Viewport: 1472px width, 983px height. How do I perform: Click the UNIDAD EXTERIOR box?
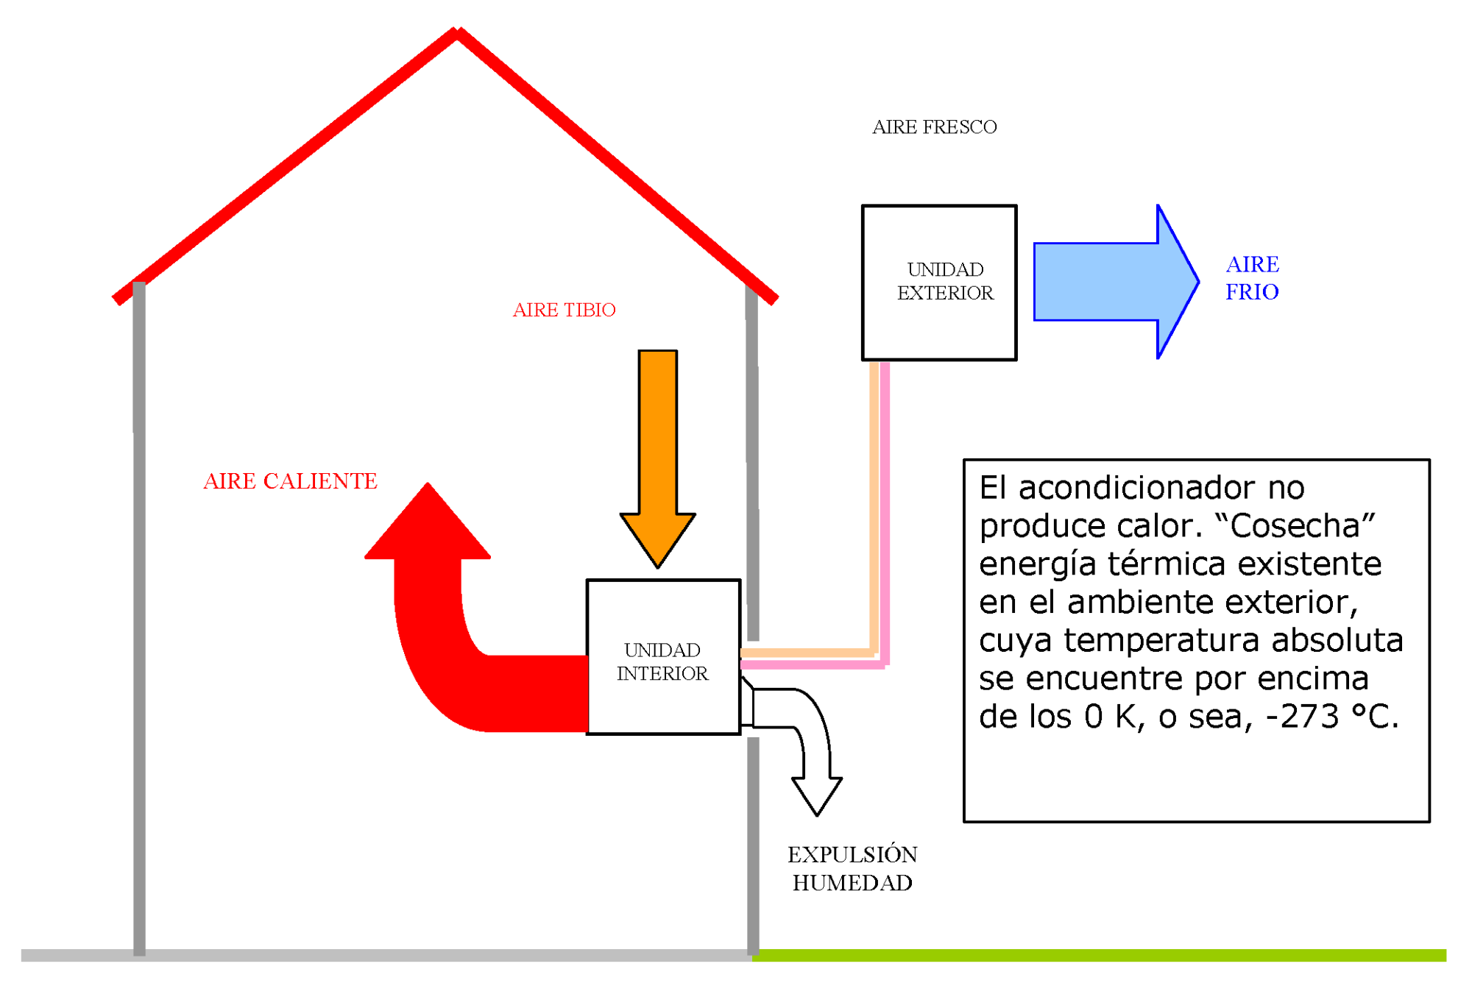[939, 282]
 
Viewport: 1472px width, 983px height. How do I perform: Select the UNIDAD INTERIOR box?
[662, 656]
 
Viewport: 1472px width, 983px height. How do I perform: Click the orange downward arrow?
[657, 456]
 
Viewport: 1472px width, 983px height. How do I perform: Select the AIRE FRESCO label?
[934, 127]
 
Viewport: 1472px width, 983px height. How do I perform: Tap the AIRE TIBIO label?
[564, 310]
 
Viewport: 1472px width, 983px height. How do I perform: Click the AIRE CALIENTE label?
[290, 481]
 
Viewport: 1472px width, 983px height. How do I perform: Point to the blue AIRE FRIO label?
[1252, 278]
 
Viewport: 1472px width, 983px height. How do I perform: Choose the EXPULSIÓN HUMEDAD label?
[852, 868]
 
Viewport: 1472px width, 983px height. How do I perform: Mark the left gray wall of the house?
[139, 618]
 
